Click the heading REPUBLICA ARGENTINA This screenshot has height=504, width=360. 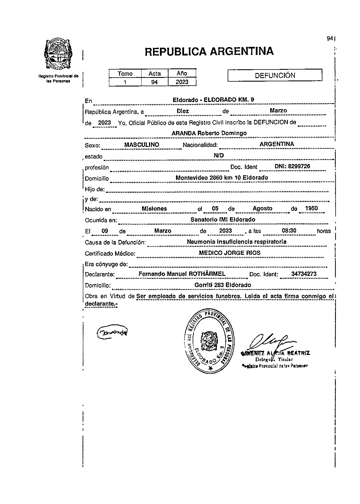(209, 52)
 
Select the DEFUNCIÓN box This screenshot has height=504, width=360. (275, 76)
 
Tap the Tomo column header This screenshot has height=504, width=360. (125, 74)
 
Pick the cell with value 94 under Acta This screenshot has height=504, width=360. (154, 82)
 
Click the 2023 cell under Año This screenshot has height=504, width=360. (182, 82)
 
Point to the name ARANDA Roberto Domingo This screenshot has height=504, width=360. (209, 133)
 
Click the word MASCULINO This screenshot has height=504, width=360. (142, 145)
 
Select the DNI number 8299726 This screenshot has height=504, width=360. (292, 166)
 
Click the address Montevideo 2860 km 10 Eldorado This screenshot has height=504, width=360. (222, 178)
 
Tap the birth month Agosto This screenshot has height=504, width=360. (262, 209)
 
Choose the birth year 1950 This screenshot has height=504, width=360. (311, 209)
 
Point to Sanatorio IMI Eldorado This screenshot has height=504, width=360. (223, 220)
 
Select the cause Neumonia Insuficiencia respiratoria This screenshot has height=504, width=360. (237, 242)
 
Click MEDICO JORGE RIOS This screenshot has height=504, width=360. (230, 253)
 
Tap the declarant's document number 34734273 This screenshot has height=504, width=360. (304, 274)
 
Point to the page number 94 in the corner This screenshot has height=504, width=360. (329, 39)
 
